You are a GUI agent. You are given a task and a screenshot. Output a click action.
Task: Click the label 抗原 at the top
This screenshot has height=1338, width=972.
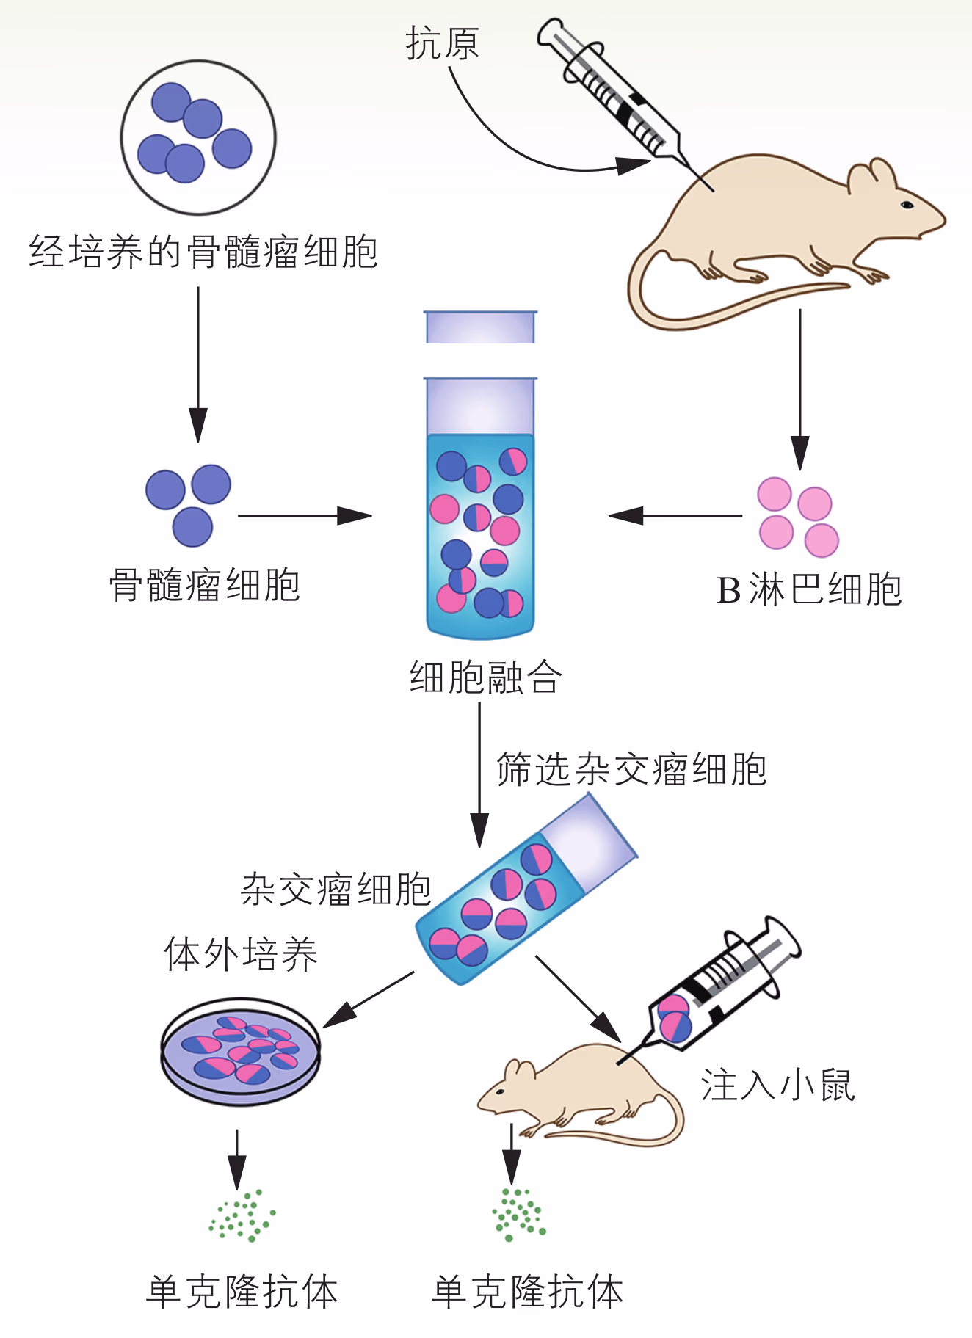(x=442, y=43)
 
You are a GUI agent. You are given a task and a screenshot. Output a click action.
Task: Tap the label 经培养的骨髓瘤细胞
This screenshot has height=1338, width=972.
(x=203, y=252)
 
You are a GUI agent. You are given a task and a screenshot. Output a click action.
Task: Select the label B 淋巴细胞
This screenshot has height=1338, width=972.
(x=808, y=590)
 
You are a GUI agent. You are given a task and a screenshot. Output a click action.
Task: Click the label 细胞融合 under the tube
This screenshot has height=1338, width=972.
(x=485, y=677)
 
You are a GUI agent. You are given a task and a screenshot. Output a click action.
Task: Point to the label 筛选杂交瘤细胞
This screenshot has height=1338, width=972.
(x=631, y=769)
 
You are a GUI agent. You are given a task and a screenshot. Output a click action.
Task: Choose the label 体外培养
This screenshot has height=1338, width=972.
(x=241, y=954)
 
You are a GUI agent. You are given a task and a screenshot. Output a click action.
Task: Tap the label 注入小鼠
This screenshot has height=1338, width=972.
(x=777, y=1085)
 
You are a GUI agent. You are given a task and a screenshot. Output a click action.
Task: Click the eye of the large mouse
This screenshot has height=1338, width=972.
(x=907, y=204)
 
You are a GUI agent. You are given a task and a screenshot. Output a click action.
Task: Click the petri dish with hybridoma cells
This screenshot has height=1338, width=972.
(x=241, y=1051)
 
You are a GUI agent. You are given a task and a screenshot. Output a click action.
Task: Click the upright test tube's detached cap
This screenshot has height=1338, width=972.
(x=481, y=327)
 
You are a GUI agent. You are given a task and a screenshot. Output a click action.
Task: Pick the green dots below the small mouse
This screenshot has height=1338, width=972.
(x=519, y=1215)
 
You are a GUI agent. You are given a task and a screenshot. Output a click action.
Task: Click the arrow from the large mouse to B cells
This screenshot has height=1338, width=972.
(x=799, y=389)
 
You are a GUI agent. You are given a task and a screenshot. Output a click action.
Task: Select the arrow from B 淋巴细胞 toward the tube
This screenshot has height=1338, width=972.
(x=675, y=515)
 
